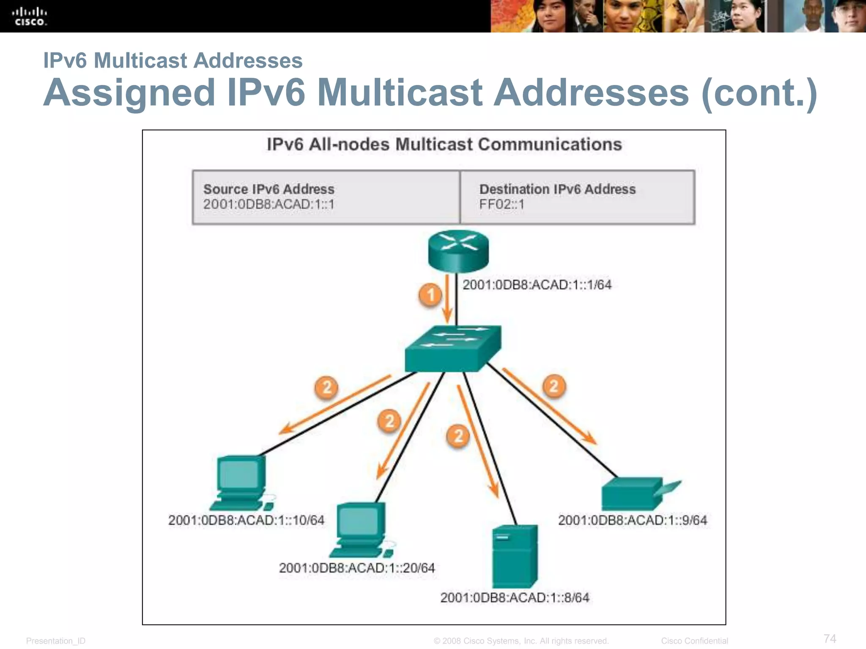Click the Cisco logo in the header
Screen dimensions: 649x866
pos(29,16)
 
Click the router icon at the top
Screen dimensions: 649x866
pos(458,251)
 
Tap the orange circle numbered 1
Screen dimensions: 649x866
pos(430,295)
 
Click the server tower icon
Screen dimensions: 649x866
pos(515,556)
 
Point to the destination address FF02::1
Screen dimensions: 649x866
pos(502,205)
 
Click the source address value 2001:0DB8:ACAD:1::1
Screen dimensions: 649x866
pos(269,205)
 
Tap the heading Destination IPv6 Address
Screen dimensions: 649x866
pos(557,189)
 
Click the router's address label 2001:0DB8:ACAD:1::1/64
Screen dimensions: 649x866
pos(537,285)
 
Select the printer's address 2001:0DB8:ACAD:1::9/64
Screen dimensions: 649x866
pos(632,520)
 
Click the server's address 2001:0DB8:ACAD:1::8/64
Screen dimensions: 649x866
pos(515,597)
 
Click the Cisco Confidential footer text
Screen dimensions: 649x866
pos(694,641)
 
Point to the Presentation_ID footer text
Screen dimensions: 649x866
pos(56,641)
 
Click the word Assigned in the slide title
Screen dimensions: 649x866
pos(129,93)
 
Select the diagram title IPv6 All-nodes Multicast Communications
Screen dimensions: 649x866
pos(444,145)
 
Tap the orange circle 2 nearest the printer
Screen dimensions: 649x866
pos(554,386)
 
